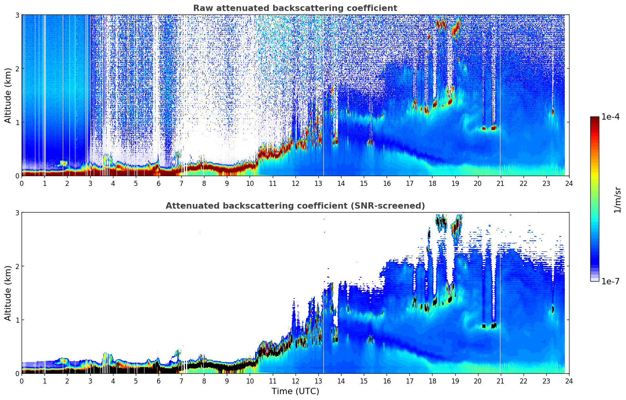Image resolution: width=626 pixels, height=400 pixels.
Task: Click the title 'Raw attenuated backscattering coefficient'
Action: click(x=295, y=8)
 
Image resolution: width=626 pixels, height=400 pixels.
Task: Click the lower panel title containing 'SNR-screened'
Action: click(x=295, y=206)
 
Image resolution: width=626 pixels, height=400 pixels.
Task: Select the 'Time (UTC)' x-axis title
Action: click(x=295, y=391)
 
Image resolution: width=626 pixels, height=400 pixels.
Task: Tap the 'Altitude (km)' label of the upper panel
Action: click(x=8, y=95)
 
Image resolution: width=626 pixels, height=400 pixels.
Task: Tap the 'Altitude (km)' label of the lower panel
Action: click(x=8, y=293)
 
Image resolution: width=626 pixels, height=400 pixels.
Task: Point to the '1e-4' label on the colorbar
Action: click(x=610, y=117)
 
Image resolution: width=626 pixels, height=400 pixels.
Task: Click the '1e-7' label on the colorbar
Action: click(x=610, y=281)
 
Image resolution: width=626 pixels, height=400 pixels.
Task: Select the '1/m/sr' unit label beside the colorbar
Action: click(x=617, y=200)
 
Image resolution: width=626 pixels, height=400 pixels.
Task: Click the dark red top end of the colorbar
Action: click(x=595, y=118)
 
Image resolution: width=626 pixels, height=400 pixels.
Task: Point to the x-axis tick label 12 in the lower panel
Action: click(x=295, y=381)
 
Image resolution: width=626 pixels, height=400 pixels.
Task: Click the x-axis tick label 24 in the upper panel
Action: click(x=569, y=184)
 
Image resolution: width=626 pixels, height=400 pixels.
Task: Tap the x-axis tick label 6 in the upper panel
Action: click(x=159, y=184)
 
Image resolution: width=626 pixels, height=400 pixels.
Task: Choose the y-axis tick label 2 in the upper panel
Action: click(x=17, y=69)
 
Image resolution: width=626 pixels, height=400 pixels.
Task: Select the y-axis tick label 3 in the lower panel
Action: click(x=17, y=213)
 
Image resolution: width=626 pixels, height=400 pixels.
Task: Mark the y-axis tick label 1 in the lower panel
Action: click(x=17, y=320)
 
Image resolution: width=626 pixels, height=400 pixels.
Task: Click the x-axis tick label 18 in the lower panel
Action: click(x=432, y=381)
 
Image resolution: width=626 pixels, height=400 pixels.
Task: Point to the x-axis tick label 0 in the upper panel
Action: click(x=22, y=184)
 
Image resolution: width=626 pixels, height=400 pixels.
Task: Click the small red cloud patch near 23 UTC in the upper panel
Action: click(x=553, y=112)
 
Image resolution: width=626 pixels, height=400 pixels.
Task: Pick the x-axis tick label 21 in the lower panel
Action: click(x=500, y=381)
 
